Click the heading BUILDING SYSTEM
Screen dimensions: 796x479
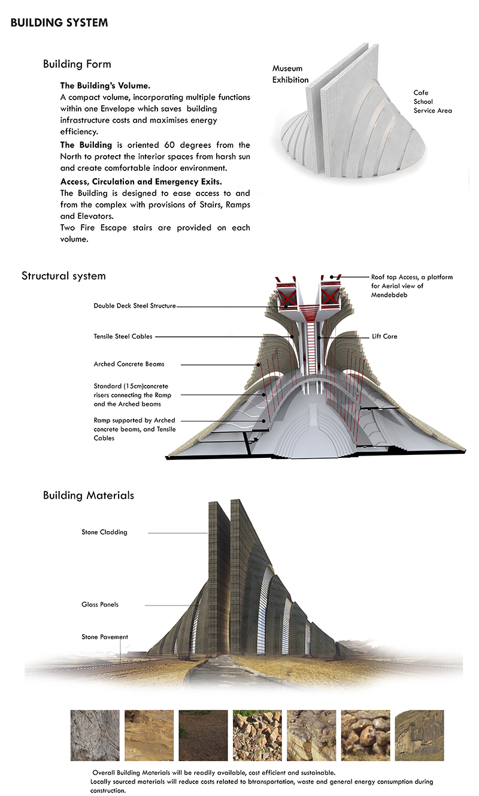(x=59, y=23)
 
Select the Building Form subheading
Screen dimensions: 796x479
(x=77, y=64)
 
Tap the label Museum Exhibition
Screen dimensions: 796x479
(x=290, y=74)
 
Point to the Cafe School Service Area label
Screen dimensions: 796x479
(x=432, y=101)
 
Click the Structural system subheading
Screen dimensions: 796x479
(x=63, y=276)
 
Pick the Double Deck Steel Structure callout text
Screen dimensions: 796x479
(x=135, y=306)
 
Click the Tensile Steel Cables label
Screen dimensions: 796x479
(x=123, y=337)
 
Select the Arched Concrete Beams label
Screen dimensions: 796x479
(x=129, y=364)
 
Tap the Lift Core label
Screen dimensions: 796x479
(x=384, y=337)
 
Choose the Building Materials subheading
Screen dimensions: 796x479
(x=88, y=495)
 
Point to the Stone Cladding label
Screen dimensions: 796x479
(x=104, y=532)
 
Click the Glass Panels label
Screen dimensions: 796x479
(x=100, y=604)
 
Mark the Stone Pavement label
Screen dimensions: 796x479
(x=105, y=637)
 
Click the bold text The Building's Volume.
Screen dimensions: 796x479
(x=100, y=85)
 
